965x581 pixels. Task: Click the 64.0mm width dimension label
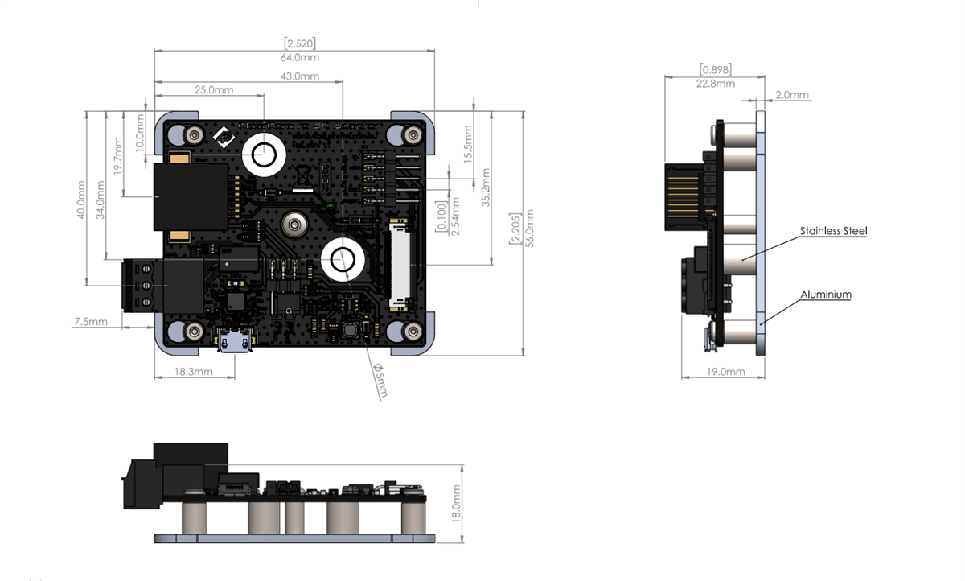point(300,58)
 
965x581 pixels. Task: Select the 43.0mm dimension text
point(300,76)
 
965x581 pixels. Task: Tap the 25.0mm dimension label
point(213,89)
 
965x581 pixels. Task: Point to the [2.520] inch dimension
point(299,43)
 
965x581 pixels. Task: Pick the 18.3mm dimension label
point(194,371)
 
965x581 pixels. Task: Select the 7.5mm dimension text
point(91,321)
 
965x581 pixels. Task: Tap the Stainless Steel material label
point(833,231)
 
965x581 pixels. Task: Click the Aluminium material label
point(825,295)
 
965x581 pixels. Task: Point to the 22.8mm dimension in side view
point(715,84)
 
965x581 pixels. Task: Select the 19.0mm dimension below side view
point(725,372)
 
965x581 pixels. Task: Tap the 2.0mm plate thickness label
point(792,95)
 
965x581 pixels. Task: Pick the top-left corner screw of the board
point(193,134)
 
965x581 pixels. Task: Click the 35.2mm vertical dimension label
point(487,192)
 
